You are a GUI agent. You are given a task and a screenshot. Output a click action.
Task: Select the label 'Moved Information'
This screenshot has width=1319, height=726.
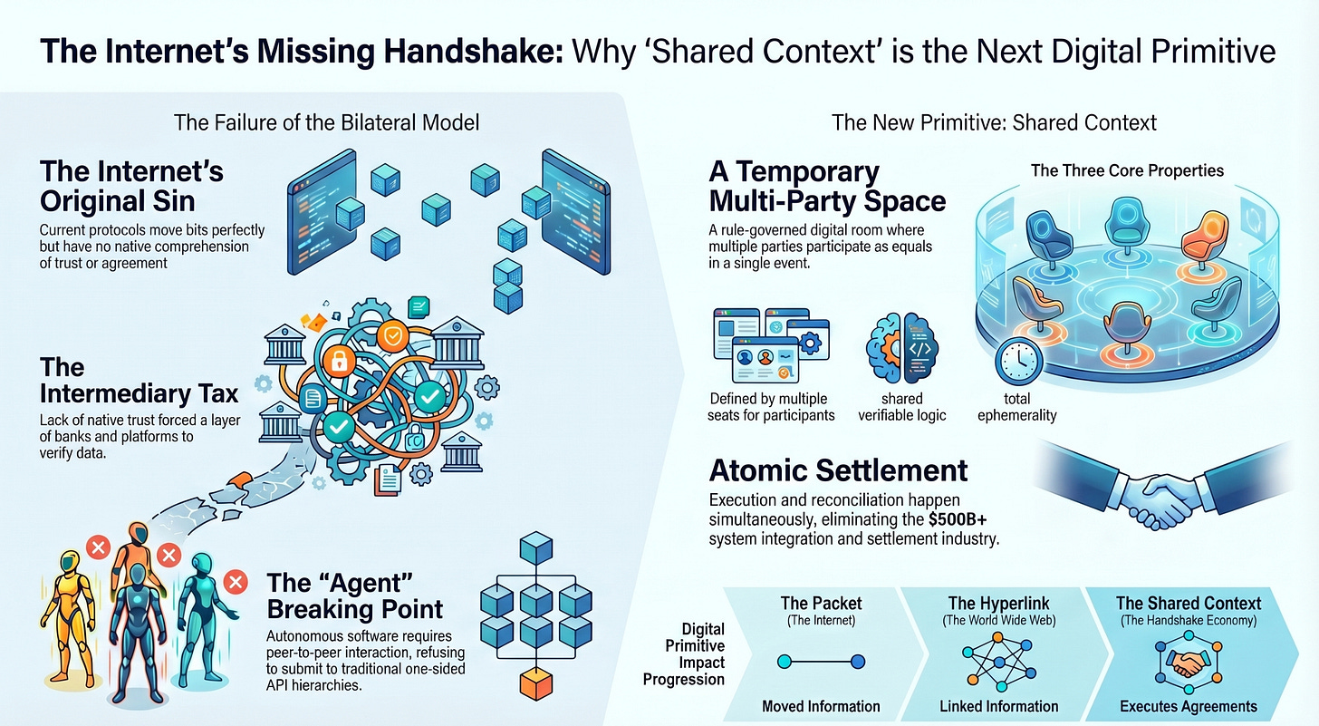tap(821, 706)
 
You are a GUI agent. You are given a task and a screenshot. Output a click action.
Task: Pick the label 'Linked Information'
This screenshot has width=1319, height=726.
tap(998, 706)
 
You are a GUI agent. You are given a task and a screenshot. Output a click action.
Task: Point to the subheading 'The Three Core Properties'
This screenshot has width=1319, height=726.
tap(1127, 170)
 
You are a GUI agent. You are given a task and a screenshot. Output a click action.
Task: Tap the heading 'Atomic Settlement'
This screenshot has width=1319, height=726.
tap(839, 470)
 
